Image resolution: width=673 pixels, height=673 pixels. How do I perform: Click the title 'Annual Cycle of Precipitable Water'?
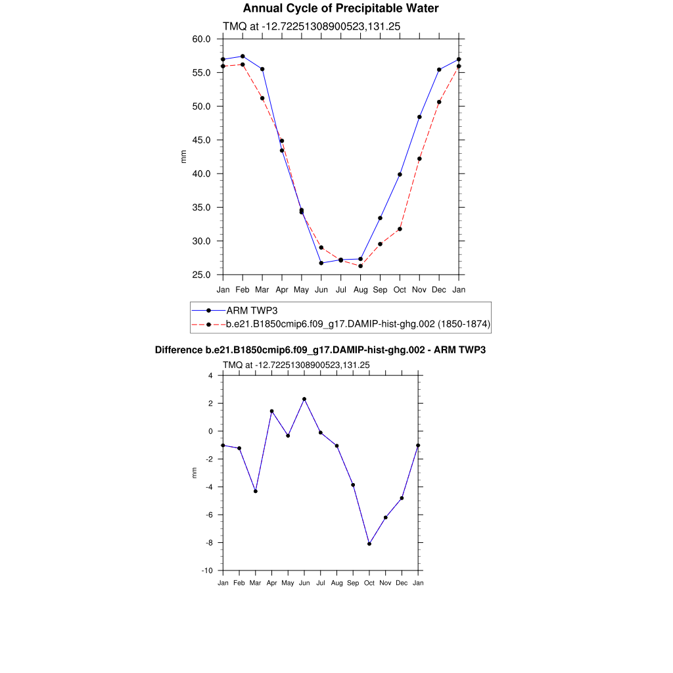340,9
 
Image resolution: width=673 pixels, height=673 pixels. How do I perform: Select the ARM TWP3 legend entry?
250,310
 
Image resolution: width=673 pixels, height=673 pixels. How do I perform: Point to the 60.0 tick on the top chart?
201,39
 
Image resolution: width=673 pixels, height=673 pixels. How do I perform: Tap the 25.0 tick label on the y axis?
201,275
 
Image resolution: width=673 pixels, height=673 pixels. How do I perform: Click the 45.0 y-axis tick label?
201,140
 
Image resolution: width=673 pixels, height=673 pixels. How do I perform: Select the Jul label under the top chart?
340,289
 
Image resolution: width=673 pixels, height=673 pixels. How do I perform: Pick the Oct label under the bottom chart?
369,583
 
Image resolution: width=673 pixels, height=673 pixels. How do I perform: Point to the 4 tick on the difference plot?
211,376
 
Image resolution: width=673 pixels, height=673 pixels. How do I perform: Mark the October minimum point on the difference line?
369,544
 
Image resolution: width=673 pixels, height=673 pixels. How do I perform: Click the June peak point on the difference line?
304,399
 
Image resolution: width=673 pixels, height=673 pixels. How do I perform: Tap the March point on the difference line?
256,491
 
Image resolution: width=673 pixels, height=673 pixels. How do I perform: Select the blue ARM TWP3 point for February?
243,57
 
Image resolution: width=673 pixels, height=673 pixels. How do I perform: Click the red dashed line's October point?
400,229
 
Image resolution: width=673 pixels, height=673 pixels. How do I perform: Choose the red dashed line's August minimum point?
360,266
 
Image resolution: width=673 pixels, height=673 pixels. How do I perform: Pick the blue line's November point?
419,117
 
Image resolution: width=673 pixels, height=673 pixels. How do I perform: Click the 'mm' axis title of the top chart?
184,156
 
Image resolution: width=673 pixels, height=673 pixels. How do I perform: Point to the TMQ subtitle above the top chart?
312,26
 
